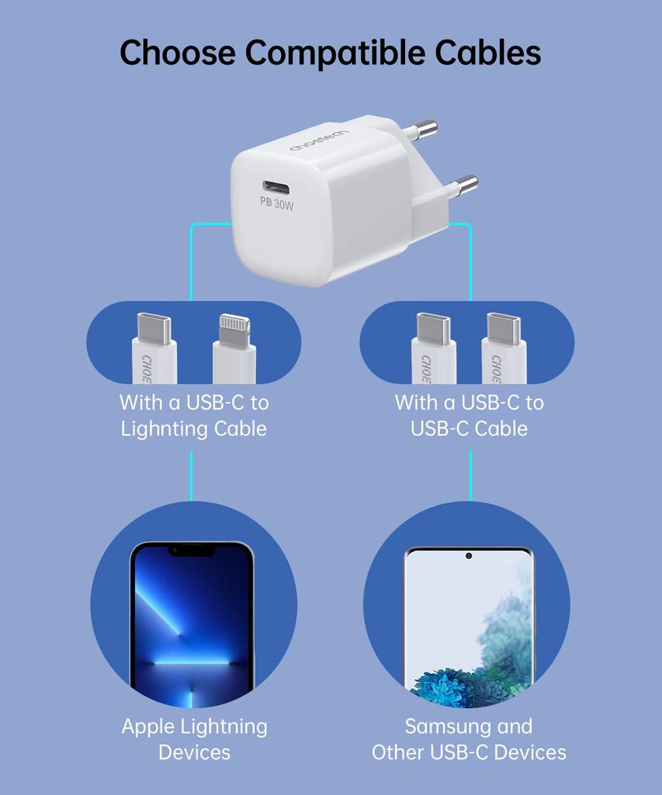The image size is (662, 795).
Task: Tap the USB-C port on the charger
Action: click(276, 187)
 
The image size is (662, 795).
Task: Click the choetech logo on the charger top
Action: click(319, 141)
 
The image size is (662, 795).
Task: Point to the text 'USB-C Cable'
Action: click(469, 429)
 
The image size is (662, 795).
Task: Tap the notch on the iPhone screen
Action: click(192, 550)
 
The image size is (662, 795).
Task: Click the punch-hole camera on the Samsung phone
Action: click(469, 556)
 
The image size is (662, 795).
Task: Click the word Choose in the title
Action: click(178, 53)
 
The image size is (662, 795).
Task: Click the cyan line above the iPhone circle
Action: click(191, 476)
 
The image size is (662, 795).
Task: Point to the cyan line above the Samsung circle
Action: click(470, 476)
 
